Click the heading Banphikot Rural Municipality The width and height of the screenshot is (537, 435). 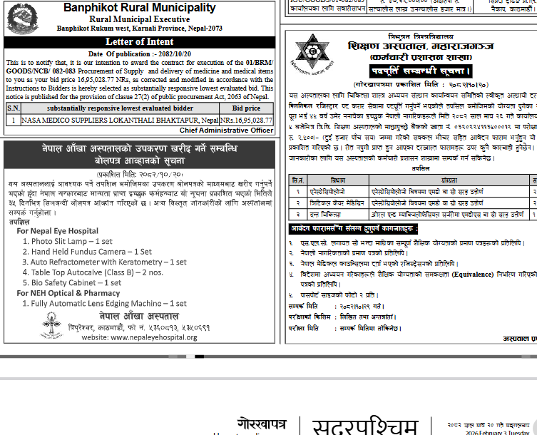pos(139,8)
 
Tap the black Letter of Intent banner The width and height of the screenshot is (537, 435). pos(139,42)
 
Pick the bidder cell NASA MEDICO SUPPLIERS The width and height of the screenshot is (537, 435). pos(120,121)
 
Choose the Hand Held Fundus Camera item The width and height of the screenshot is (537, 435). pos(91,252)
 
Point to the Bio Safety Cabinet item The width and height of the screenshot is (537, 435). pos(76,282)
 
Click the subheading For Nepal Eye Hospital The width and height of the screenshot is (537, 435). pos(58,231)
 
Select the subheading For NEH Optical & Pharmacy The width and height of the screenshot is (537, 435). pos(68,292)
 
